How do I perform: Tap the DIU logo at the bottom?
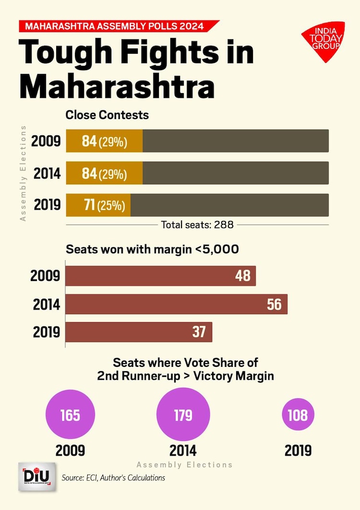click(37, 477)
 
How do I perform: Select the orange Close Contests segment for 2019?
click(98, 205)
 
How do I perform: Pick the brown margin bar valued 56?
click(176, 304)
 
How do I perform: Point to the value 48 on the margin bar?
click(243, 276)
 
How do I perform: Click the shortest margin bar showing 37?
click(139, 332)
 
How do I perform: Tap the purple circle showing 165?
click(70, 415)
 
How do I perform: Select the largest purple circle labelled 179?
click(183, 415)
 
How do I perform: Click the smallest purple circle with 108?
click(298, 415)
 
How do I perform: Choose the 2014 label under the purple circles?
click(183, 451)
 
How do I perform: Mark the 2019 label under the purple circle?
click(298, 451)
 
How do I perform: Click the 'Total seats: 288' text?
click(197, 224)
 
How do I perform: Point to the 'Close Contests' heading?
click(107, 115)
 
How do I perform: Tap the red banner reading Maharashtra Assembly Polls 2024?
click(115, 26)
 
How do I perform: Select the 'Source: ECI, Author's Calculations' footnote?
click(113, 477)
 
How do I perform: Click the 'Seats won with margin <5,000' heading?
click(152, 250)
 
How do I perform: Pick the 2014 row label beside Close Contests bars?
click(46, 173)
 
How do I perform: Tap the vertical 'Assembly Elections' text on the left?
click(23, 173)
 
